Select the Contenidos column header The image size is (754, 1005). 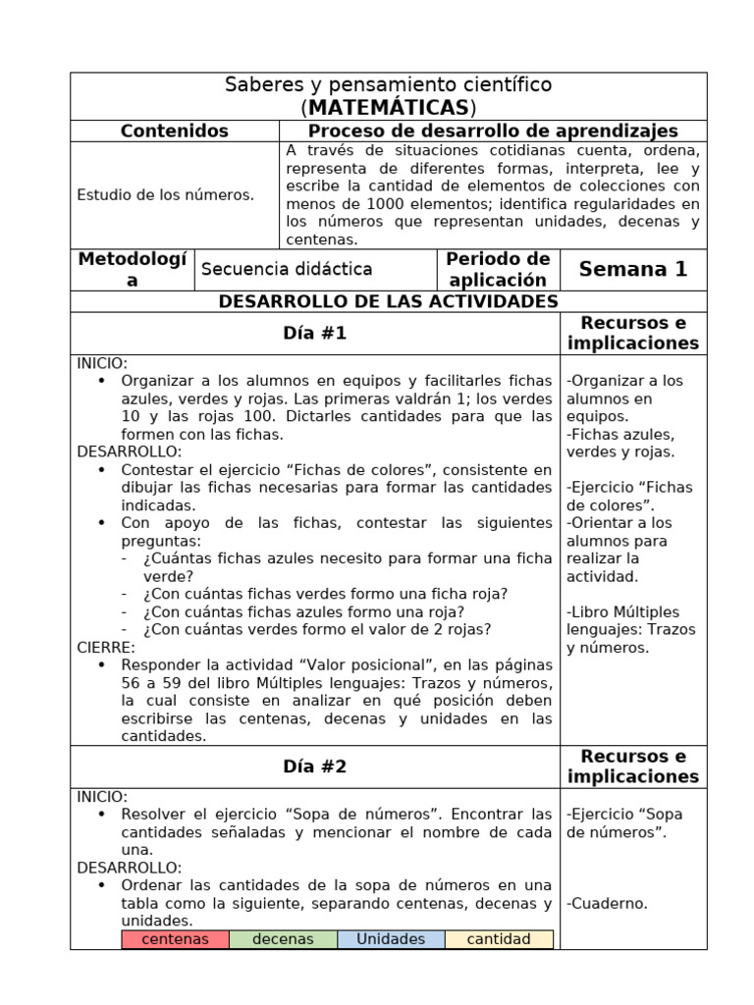tap(174, 131)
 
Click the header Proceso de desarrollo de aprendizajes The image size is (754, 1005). tap(493, 131)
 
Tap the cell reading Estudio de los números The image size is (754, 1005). tap(165, 194)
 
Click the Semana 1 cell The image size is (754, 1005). tap(632, 269)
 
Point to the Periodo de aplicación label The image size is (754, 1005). tap(497, 269)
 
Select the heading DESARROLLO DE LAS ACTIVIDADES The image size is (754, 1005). tap(388, 301)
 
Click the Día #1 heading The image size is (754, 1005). tap(314, 334)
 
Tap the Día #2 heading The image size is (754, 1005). tap(314, 767)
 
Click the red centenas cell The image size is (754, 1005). tap(175, 939)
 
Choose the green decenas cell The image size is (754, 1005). tap(283, 939)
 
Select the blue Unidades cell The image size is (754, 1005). tap(391, 939)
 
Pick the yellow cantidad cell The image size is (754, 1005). tap(499, 939)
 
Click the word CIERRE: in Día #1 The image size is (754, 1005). tap(106, 648)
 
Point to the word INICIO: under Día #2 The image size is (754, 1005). tap(102, 797)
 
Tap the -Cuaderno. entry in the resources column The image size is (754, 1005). tap(607, 904)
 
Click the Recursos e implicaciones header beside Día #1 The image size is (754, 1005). tap(632, 334)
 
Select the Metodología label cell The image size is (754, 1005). tap(132, 269)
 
